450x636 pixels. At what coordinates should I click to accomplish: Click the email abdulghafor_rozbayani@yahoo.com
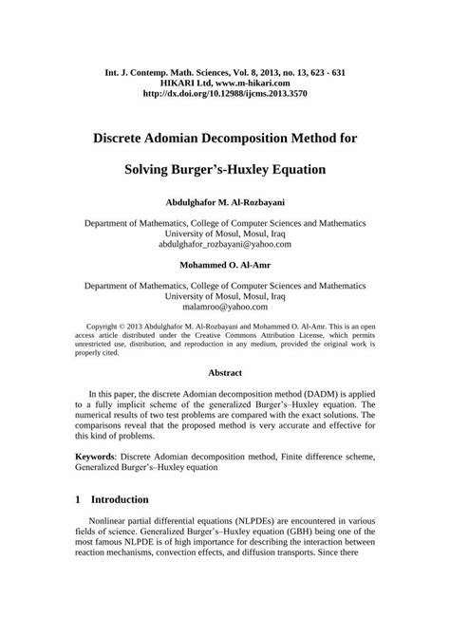pos(225,244)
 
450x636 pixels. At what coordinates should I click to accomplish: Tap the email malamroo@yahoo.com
pos(225,307)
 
